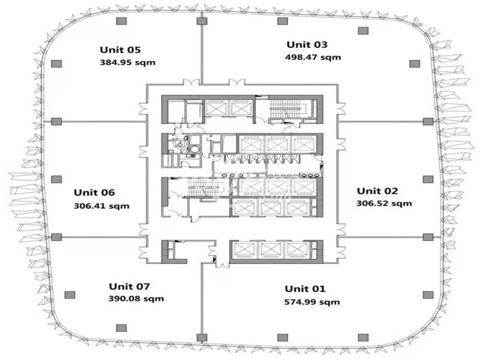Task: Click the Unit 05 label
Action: point(121,50)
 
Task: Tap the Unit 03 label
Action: point(307,44)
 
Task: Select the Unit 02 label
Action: point(377,191)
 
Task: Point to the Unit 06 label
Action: point(94,192)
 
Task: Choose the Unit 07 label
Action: point(130,286)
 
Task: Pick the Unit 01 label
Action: point(305,289)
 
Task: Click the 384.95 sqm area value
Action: point(128,62)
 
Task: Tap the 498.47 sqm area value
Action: point(313,57)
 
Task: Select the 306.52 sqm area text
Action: point(384,203)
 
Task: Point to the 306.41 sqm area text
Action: point(101,206)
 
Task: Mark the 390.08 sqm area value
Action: point(136,298)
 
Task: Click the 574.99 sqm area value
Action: point(312,302)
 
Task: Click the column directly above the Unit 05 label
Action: point(122,21)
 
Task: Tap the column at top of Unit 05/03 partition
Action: point(202,21)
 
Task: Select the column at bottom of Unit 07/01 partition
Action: point(202,338)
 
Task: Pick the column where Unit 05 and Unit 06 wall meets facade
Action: point(56,122)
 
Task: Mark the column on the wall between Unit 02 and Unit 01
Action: point(428,237)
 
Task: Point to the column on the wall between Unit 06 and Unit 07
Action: point(56,237)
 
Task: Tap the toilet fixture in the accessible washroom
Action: point(179,143)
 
